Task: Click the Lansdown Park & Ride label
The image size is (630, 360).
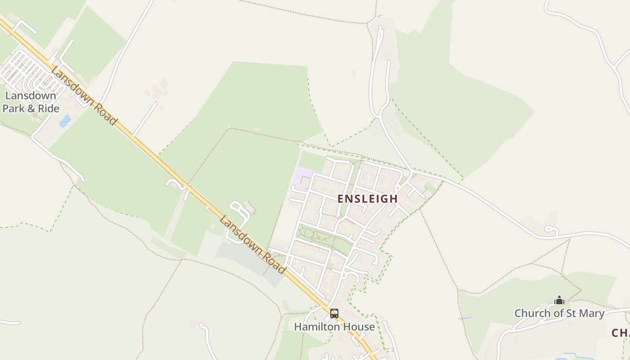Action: pos(31,102)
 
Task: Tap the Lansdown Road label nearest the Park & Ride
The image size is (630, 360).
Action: pos(84,95)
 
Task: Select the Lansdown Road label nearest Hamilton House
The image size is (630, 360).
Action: pos(252,244)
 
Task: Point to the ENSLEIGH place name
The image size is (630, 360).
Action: pos(368,198)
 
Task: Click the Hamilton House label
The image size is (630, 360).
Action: pos(334,327)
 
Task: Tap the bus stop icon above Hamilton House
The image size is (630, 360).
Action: pos(334,314)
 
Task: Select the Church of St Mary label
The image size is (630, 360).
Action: pos(559,313)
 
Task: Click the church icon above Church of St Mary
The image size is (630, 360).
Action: pos(559,300)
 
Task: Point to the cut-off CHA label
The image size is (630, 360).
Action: pos(621,333)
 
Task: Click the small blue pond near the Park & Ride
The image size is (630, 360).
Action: pos(65,121)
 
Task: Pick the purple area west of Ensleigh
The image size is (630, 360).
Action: pos(302,175)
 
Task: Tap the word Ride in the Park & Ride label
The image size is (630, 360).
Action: pos(48,108)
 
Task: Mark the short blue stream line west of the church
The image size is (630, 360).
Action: pos(464,319)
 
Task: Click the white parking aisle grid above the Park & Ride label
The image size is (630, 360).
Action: pos(27,72)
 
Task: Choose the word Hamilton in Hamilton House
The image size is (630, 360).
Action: pos(317,327)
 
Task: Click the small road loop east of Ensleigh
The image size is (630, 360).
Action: pos(552,230)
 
